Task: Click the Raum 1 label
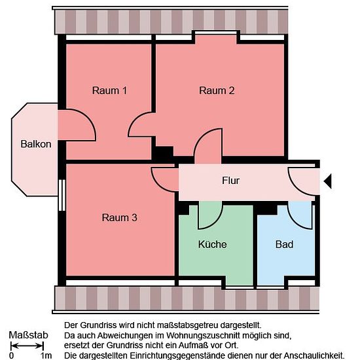(109, 90)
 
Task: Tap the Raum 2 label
(217, 90)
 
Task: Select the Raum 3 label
(119, 217)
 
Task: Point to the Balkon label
(36, 144)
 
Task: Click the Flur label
(230, 181)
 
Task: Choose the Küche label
(212, 244)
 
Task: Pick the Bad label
(284, 244)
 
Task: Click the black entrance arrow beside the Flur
(328, 181)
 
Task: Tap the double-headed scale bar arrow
(27, 346)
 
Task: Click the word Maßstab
(28, 335)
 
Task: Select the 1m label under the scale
(46, 355)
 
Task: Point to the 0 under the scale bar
(11, 355)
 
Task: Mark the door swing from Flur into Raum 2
(200, 136)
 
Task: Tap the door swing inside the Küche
(217, 221)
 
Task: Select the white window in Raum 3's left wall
(62, 195)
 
